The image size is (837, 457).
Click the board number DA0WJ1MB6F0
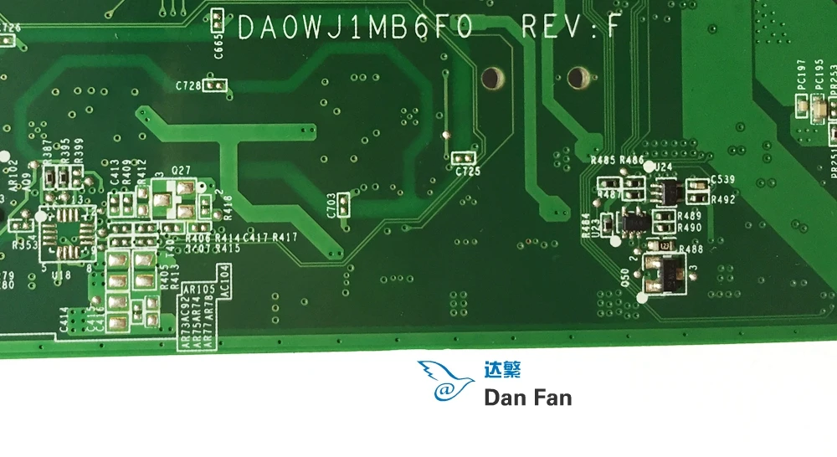click(x=356, y=28)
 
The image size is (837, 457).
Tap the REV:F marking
click(x=570, y=28)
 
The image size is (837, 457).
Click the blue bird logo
click(x=444, y=381)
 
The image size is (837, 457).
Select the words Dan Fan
click(x=528, y=396)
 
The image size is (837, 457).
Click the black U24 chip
click(x=662, y=192)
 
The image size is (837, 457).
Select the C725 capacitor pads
click(x=463, y=157)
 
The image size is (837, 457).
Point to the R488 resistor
click(x=663, y=248)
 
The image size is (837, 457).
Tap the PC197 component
click(x=801, y=104)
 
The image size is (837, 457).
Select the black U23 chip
click(x=634, y=223)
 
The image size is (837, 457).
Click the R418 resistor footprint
click(x=217, y=205)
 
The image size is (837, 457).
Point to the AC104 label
click(x=223, y=280)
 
